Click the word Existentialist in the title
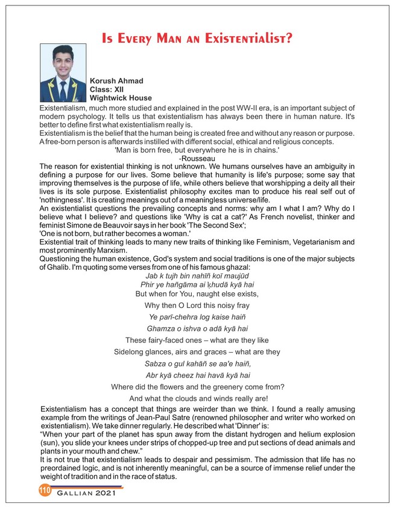click(x=248, y=39)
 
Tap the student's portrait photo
click(x=63, y=73)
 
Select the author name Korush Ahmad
click(x=116, y=80)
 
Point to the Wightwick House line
click(x=121, y=97)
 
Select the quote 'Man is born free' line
click(x=197, y=149)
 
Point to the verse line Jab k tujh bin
click(x=197, y=276)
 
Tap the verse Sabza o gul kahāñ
click(x=197, y=363)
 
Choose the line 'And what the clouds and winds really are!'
click(x=197, y=398)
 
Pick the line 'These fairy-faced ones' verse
click(x=197, y=340)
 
